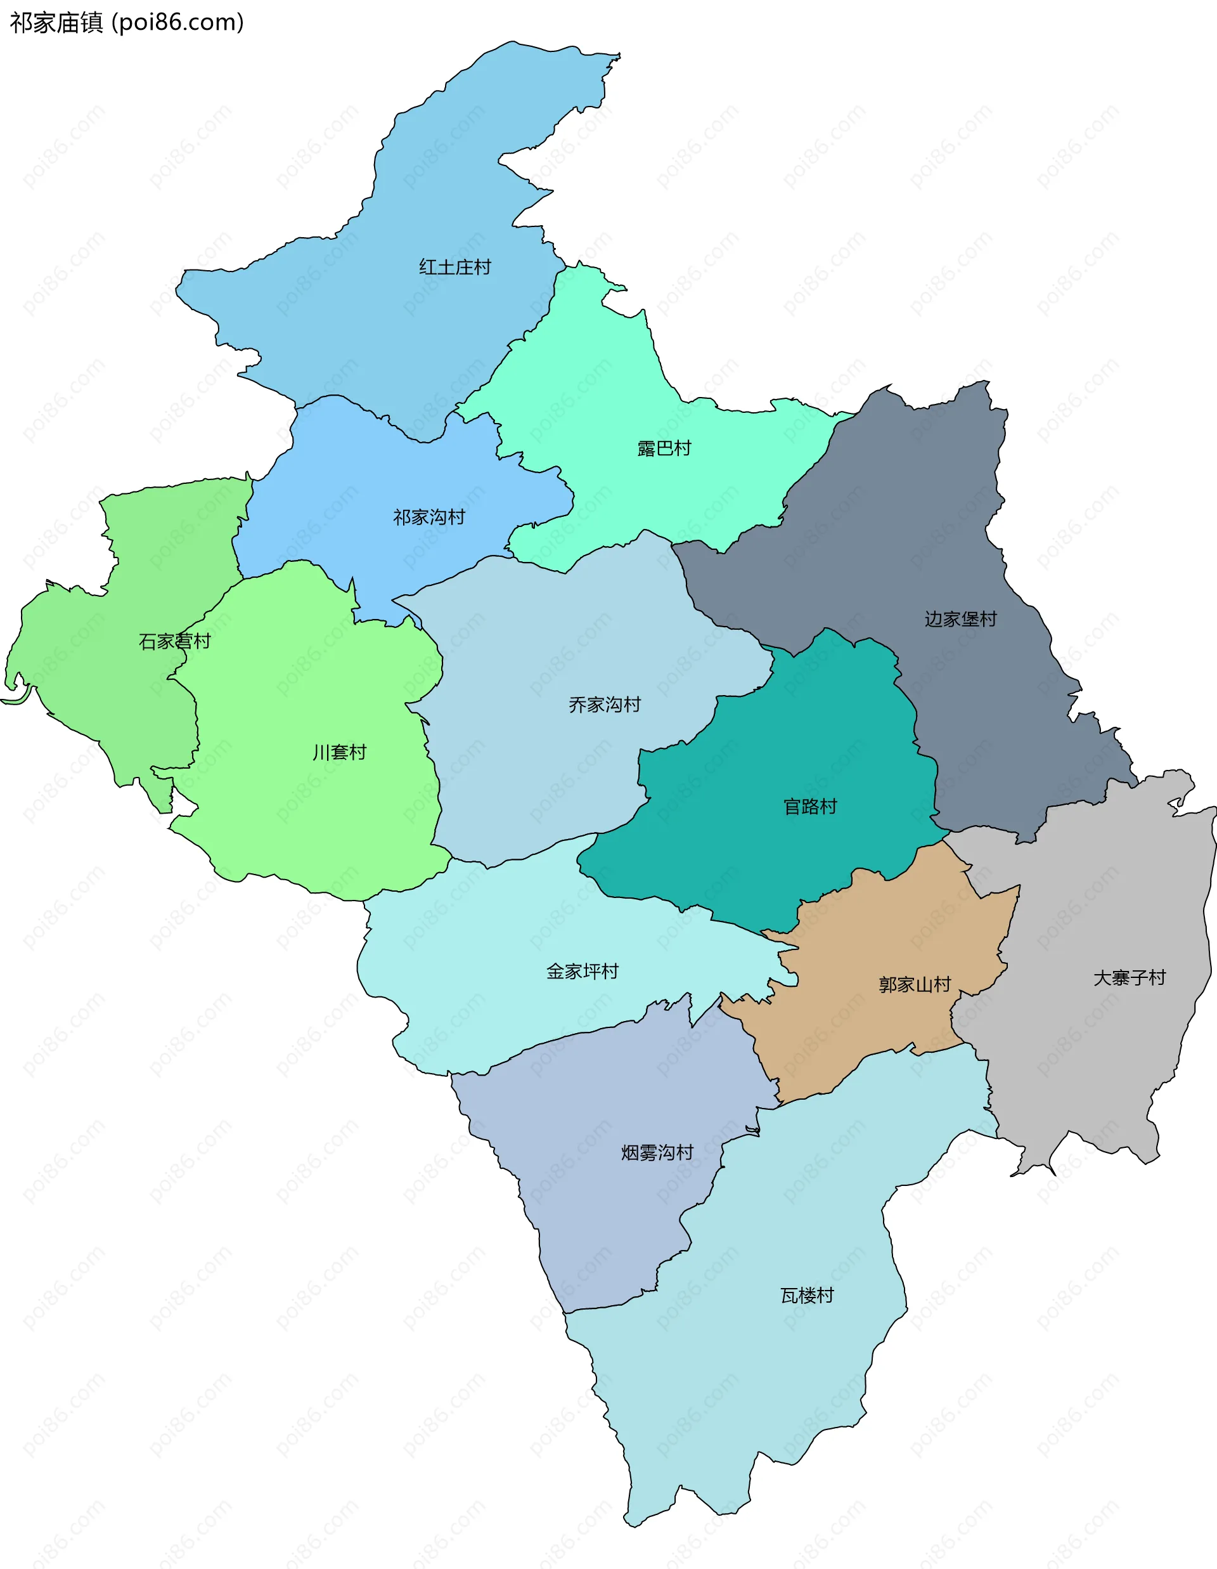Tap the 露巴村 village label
click(664, 449)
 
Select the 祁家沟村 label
click(428, 518)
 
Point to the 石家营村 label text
click(174, 642)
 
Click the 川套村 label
click(339, 753)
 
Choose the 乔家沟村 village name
click(605, 705)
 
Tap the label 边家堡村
click(961, 619)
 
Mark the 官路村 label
click(810, 807)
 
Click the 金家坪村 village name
click(583, 972)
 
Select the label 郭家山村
click(915, 985)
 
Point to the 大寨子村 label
click(1130, 978)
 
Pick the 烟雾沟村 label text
click(657, 1153)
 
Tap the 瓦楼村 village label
click(807, 1295)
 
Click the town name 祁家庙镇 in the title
click(56, 23)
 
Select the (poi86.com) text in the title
click(177, 23)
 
